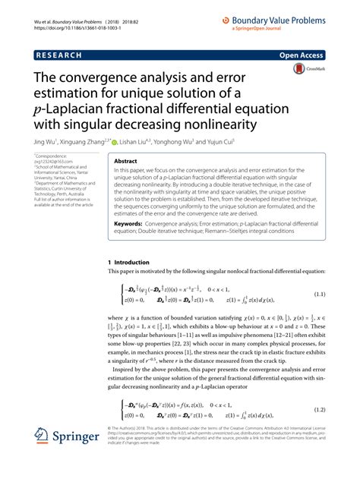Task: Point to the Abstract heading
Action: tap(126, 161)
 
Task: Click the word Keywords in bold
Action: tap(131, 224)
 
